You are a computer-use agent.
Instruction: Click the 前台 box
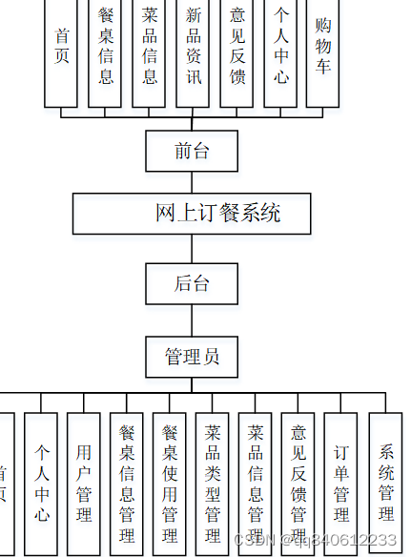click(x=192, y=151)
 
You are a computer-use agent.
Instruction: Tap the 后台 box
click(x=192, y=283)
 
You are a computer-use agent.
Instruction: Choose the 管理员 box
click(x=192, y=357)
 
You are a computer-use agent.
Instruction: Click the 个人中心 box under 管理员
click(x=41, y=482)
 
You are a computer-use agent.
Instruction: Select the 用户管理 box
click(x=84, y=482)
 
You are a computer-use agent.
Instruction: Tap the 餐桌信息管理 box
click(x=127, y=484)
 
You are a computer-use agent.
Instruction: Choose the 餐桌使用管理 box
click(x=170, y=484)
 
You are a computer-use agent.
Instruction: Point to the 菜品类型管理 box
click(x=213, y=484)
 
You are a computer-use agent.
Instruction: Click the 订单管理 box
click(x=341, y=482)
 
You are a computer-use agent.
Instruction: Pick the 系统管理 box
click(x=385, y=482)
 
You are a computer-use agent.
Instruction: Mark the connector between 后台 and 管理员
click(x=192, y=320)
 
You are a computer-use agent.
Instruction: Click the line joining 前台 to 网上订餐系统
click(x=192, y=182)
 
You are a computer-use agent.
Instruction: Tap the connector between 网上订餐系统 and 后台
click(x=192, y=248)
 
